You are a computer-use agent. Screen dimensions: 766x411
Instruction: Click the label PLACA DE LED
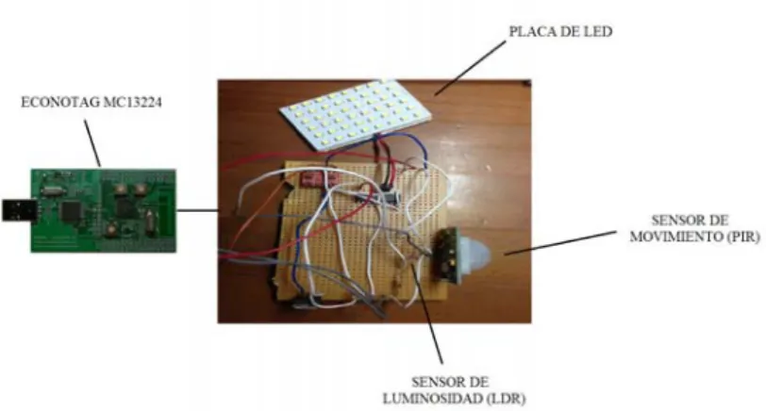560,32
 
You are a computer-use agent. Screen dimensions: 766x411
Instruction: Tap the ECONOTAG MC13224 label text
92,102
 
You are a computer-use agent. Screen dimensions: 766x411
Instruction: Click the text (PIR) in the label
743,237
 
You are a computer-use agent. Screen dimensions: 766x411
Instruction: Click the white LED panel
356,115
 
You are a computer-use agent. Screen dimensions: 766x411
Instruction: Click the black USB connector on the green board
19,210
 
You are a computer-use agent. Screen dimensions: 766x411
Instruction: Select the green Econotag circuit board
103,210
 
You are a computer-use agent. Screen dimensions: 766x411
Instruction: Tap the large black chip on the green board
72,211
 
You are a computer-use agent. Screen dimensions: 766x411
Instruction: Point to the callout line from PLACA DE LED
470,68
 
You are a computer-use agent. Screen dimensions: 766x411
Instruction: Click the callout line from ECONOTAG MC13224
92,144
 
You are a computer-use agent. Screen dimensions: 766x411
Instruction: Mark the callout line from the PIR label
560,242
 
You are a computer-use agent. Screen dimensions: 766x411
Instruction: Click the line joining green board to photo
197,210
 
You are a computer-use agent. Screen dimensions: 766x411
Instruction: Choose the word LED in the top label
598,32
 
